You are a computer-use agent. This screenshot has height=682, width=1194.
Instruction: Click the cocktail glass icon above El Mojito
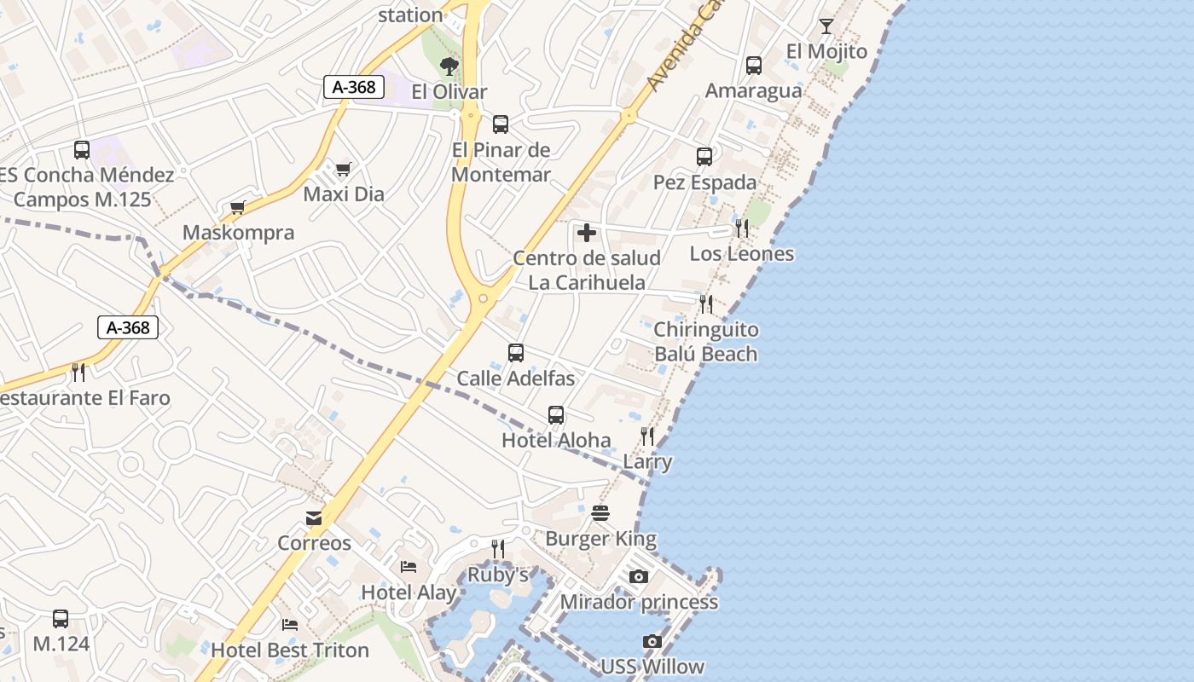coord(826,26)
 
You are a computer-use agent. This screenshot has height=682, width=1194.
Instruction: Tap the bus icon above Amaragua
coord(754,66)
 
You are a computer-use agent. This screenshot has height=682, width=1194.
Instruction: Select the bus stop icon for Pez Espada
coord(704,157)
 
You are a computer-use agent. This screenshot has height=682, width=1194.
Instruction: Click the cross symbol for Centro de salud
coord(587,232)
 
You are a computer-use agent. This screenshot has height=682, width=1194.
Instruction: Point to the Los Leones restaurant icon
coord(742,228)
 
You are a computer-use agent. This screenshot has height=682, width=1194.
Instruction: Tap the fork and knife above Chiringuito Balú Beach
coord(706,304)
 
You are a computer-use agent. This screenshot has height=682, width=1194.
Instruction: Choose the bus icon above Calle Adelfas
coord(516,353)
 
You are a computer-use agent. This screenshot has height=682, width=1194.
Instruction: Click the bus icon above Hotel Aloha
coord(556,415)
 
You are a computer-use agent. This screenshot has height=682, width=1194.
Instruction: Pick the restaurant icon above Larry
coord(647,436)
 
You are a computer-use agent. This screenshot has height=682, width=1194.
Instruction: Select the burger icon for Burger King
coord(600,513)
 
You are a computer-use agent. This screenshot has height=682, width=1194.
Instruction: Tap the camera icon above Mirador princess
coord(638,577)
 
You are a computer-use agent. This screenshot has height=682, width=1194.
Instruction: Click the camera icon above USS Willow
coord(652,641)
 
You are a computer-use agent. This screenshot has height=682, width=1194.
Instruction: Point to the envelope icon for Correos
coord(314,518)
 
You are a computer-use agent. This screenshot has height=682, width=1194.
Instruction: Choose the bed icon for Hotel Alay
coord(409,567)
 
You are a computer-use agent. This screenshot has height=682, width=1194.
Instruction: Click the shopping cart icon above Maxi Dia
coord(343,169)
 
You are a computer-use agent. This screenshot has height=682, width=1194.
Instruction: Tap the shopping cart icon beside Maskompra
coord(238,208)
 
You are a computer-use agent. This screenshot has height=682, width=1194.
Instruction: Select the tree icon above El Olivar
coord(449,66)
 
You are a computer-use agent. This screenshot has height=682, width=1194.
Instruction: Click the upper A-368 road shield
coord(355,86)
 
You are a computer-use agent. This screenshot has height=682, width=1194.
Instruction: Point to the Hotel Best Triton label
coord(290,650)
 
